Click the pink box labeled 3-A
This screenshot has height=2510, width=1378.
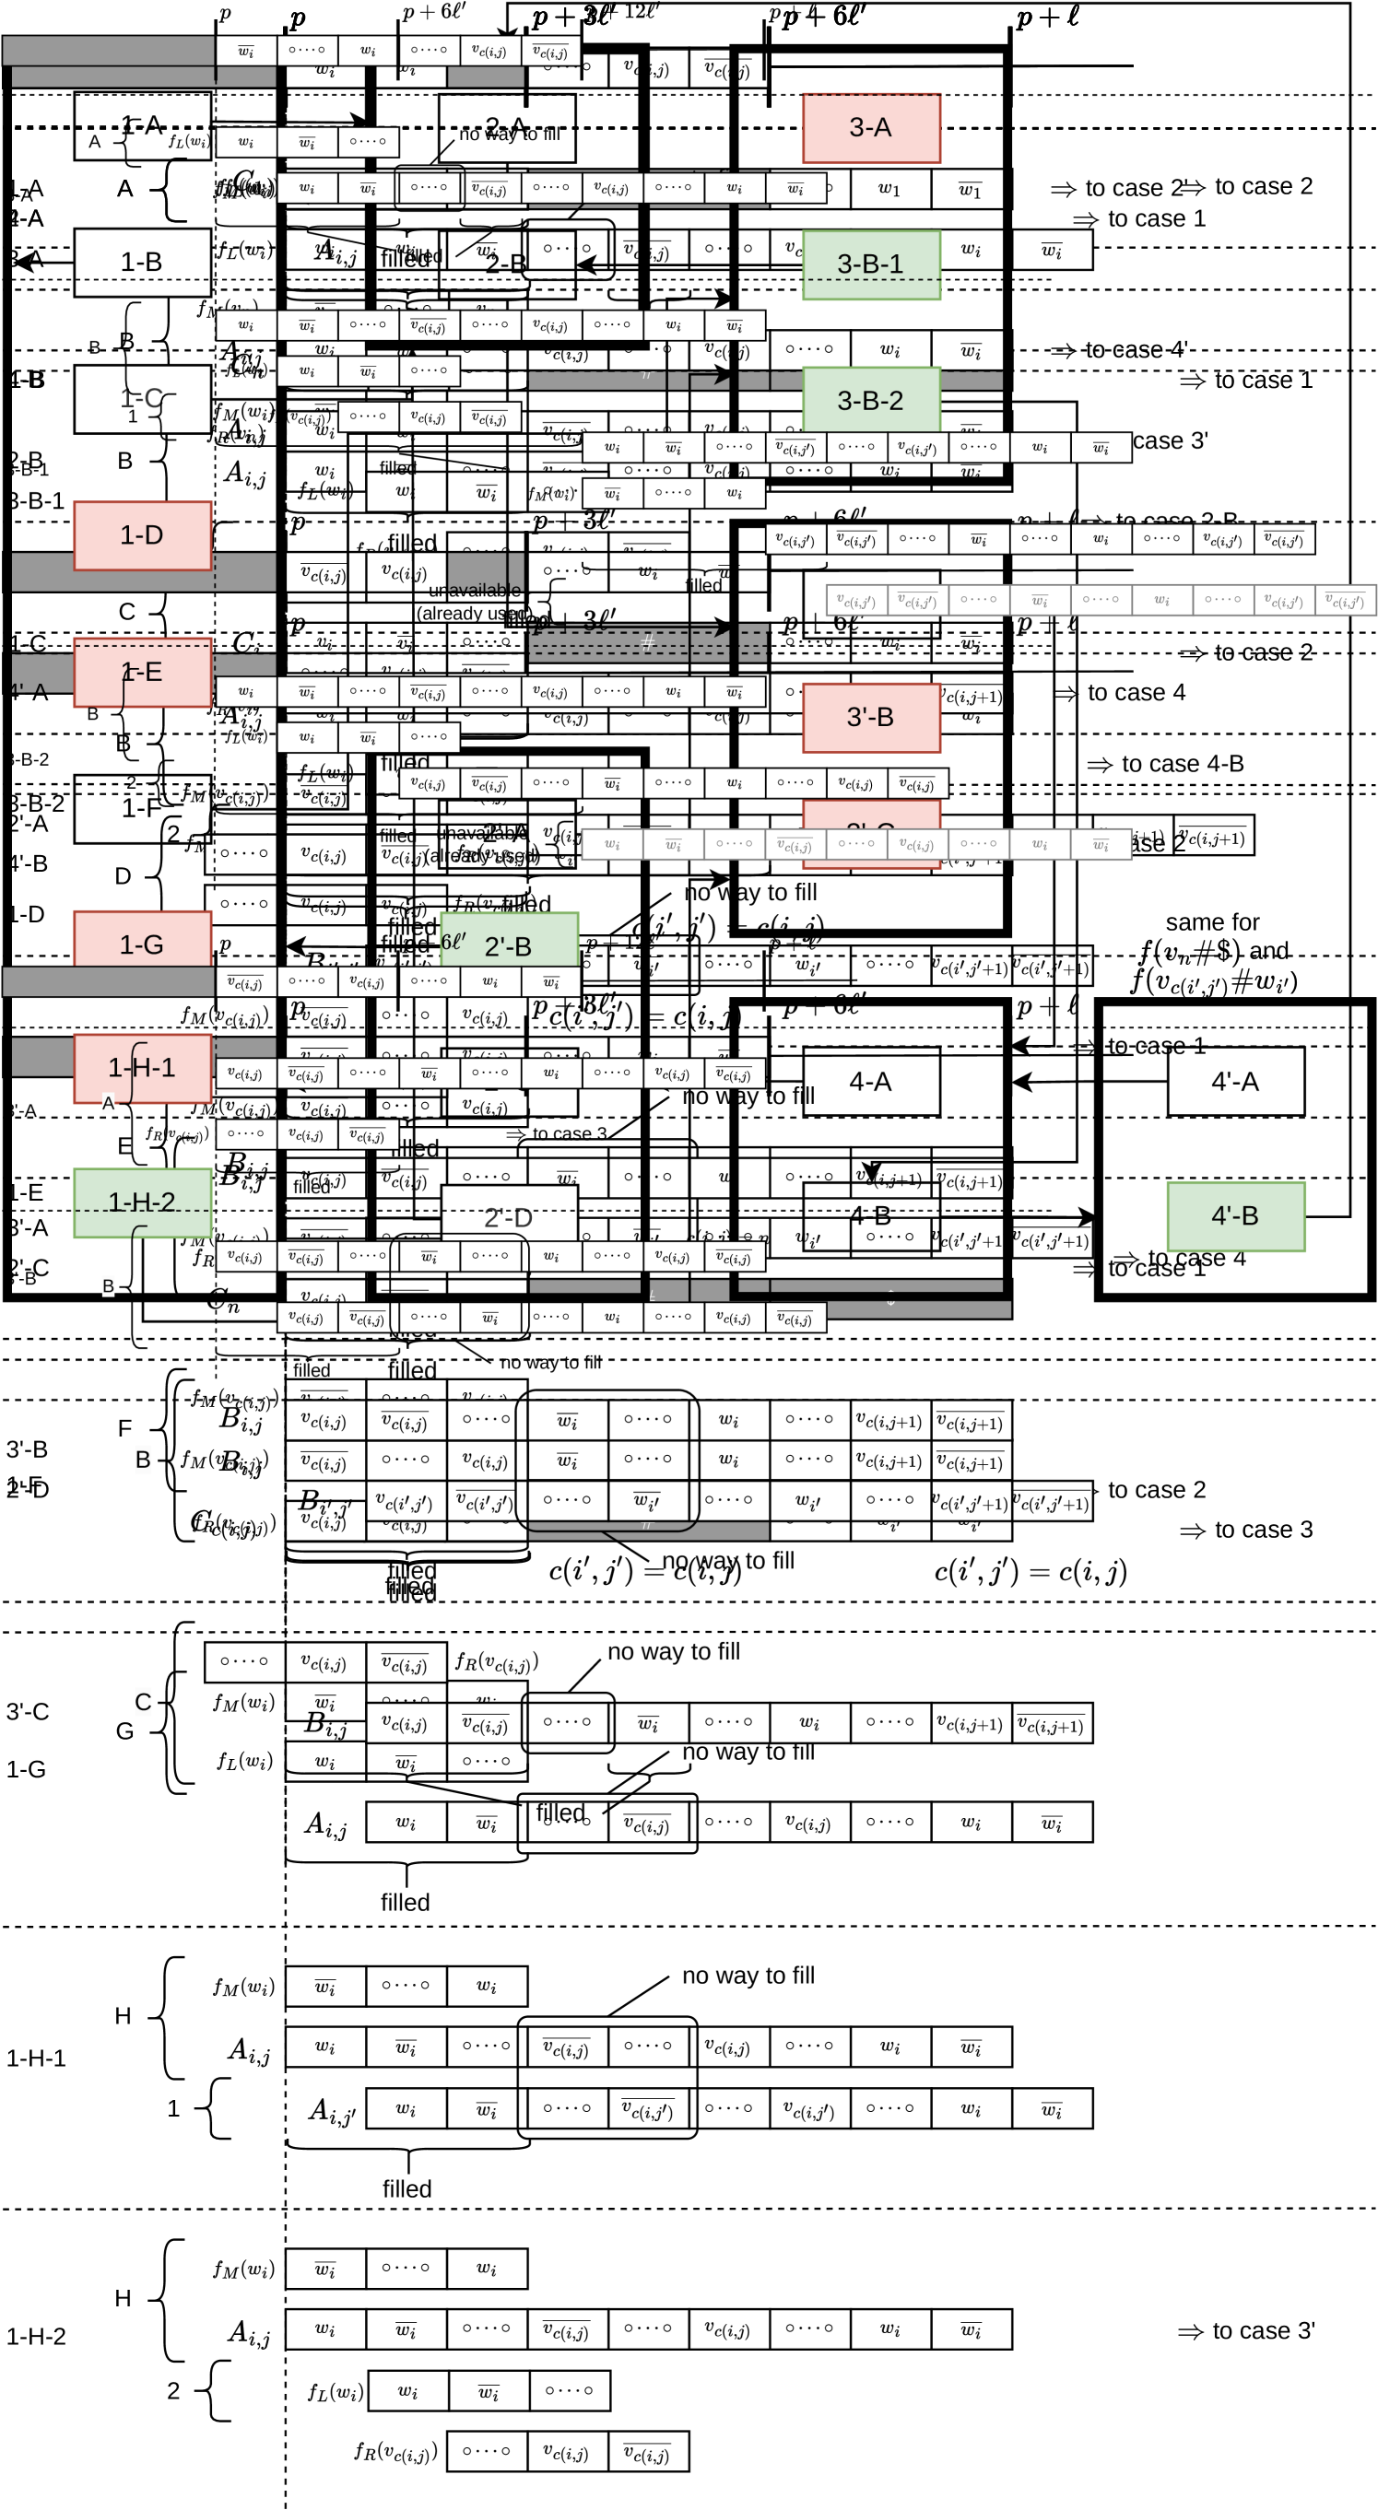click(x=870, y=128)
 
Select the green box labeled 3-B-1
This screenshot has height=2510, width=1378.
click(x=870, y=264)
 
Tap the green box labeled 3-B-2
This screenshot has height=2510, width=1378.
click(x=870, y=401)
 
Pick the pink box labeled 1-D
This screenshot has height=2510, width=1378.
click(x=142, y=535)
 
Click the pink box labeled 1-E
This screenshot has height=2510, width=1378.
click(x=142, y=672)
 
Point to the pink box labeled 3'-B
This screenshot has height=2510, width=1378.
click(x=870, y=717)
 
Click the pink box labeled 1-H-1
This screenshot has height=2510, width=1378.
click(x=142, y=1068)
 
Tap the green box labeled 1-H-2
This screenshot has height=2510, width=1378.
click(x=142, y=1202)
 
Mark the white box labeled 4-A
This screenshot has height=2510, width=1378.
click(x=870, y=1082)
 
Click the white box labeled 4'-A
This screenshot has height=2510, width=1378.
click(x=1235, y=1082)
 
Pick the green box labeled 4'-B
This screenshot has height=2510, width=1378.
click(x=1235, y=1216)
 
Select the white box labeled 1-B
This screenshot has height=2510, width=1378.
click(x=142, y=262)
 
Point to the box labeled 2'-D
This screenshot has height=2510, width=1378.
click(x=509, y=1218)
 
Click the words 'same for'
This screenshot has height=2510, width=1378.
click(x=1212, y=921)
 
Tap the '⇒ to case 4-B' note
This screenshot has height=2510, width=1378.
click(x=1166, y=764)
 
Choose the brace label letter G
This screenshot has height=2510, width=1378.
click(x=124, y=1731)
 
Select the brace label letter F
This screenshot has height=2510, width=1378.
click(x=124, y=1428)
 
